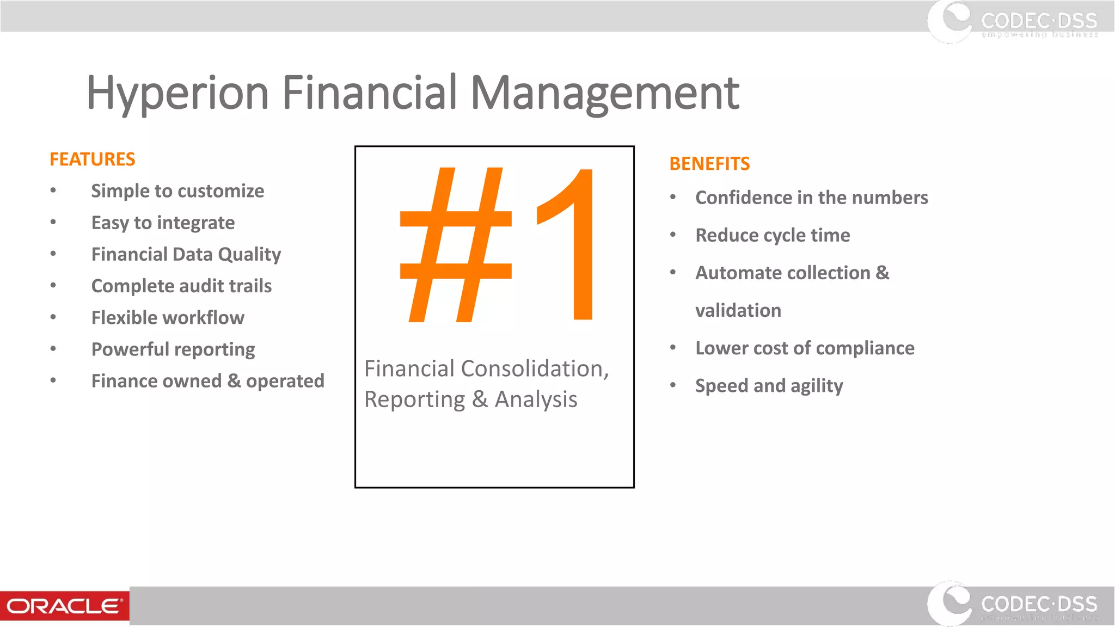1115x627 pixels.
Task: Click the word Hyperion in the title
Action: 177,94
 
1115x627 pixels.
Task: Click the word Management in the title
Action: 604,94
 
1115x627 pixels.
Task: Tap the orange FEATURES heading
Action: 92,159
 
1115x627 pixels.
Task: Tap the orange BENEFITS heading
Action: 709,164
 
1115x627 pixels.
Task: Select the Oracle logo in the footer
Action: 64,606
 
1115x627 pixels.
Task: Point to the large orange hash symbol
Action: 456,245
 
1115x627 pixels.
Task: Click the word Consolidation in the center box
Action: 535,369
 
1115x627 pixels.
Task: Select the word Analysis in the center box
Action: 536,400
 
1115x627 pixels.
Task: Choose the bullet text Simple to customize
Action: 177,191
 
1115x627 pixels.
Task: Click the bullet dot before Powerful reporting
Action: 53,349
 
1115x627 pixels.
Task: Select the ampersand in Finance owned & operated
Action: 234,381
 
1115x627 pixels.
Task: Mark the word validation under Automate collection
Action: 738,311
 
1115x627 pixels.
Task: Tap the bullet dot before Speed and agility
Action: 673,385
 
